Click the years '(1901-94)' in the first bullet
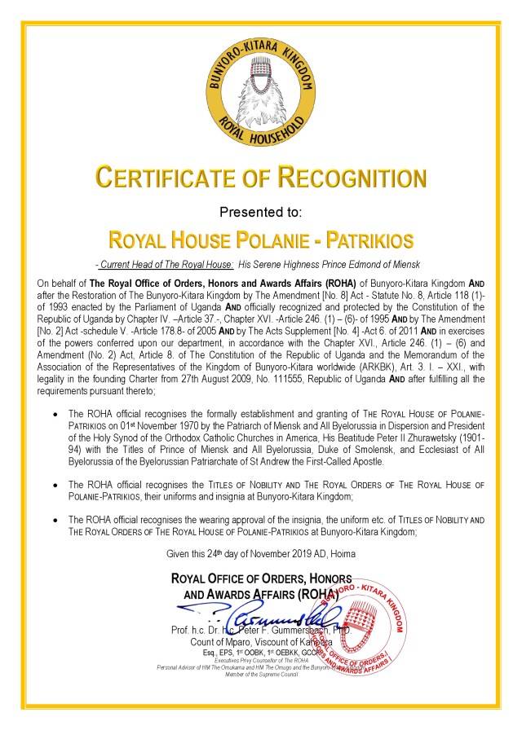472,438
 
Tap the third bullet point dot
55,520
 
